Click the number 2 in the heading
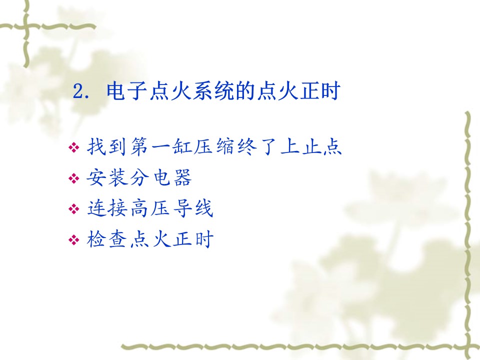(78, 91)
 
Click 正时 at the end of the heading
(319, 90)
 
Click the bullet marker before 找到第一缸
(74, 148)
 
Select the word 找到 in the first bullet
(106, 146)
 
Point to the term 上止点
(310, 146)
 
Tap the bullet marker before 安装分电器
(74, 178)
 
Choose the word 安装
(106, 177)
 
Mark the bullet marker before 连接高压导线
(74, 209)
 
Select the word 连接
(106, 208)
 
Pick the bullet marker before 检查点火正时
(74, 239)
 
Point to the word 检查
(106, 239)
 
